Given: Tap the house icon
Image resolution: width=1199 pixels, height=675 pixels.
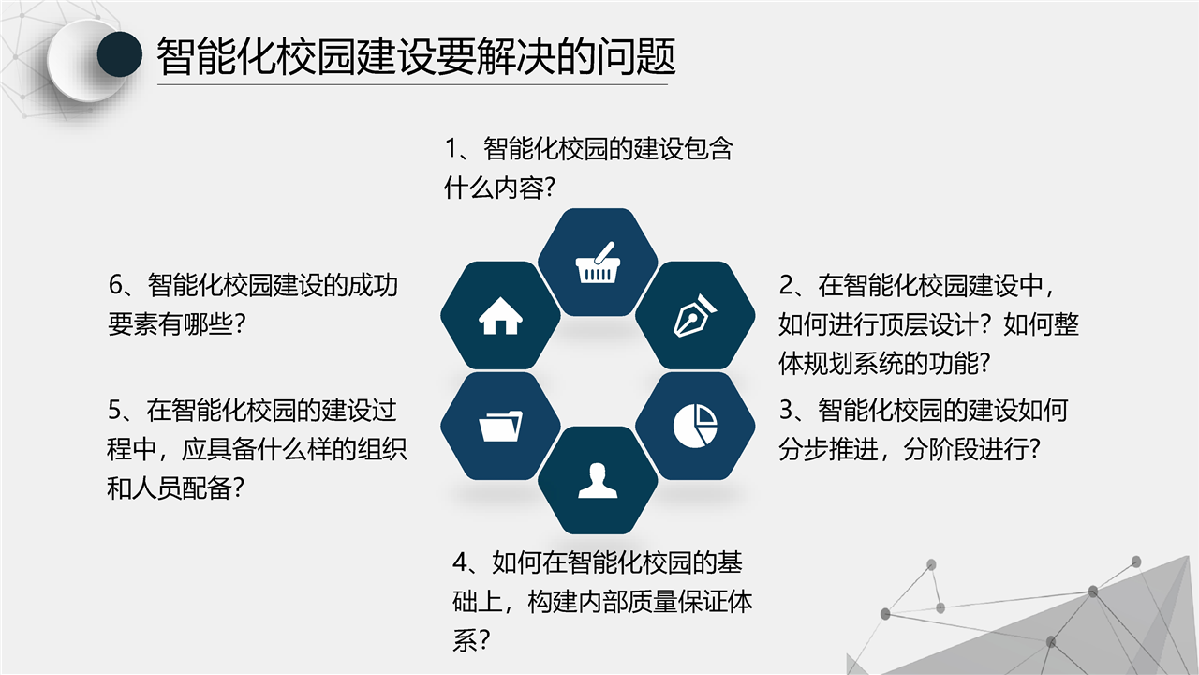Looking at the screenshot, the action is click(500, 316).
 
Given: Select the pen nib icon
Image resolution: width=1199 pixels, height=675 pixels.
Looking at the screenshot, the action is click(695, 316).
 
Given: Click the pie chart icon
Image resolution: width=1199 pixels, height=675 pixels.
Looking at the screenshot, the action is click(695, 426).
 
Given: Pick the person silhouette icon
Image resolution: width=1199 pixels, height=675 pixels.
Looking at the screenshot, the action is click(598, 481).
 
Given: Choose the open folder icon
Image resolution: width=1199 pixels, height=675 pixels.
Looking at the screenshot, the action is click(500, 426).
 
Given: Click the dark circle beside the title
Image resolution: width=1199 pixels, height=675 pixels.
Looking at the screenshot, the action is click(119, 54).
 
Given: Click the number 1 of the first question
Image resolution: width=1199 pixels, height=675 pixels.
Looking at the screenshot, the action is click(451, 149).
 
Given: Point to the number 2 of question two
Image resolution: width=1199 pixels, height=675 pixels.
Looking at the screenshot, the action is click(786, 285).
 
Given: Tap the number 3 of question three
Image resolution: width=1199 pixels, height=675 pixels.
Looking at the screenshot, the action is click(786, 411).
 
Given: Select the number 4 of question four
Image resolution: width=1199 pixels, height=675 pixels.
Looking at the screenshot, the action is click(460, 562).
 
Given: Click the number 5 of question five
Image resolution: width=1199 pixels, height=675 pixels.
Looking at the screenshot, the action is click(115, 411).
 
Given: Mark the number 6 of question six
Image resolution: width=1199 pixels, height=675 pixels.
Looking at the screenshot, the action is click(115, 285).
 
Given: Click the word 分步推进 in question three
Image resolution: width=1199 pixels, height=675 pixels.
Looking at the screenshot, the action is click(829, 449).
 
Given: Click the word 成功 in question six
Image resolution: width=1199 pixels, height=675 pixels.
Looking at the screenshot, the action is click(373, 285).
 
